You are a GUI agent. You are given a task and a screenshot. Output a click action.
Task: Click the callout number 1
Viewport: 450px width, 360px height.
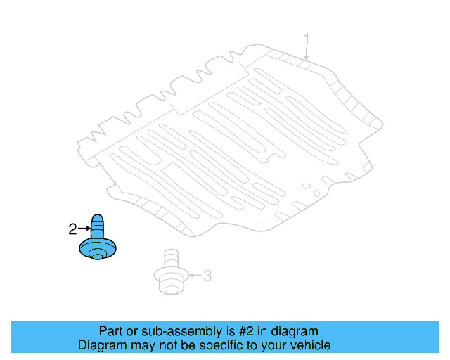click(x=306, y=38)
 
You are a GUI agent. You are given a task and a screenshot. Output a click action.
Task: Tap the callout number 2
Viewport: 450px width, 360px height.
click(x=72, y=229)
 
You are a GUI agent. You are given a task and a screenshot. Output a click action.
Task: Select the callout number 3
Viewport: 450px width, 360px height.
click(x=207, y=276)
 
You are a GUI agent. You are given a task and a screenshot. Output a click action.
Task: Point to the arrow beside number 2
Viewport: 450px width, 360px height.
click(x=83, y=229)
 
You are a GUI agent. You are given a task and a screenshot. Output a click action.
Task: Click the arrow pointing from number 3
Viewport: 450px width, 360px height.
click(x=194, y=276)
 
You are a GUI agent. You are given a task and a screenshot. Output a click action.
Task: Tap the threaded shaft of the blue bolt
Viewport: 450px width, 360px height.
click(x=98, y=226)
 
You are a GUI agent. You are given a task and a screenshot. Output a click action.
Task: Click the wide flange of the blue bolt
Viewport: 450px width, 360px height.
click(x=98, y=249)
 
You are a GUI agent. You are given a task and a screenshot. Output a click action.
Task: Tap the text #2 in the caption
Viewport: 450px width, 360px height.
click(x=248, y=331)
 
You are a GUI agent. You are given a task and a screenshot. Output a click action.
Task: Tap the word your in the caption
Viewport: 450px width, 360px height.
click(x=271, y=345)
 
